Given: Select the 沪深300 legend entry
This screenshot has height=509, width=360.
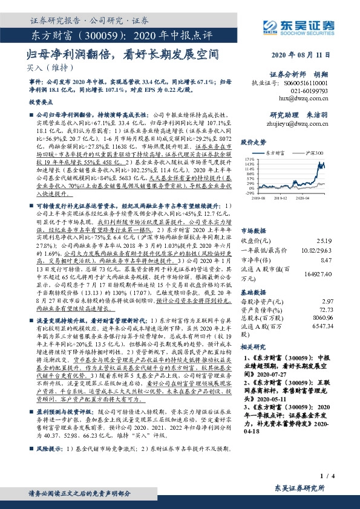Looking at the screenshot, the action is [x=313, y=154].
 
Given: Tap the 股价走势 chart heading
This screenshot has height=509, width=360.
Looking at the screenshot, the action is [x=254, y=143].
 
